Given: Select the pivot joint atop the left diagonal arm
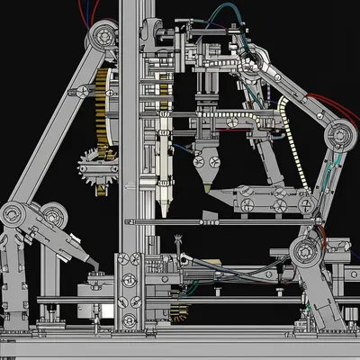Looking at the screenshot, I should [x=101, y=37].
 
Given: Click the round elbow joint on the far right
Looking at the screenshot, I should [x=341, y=136].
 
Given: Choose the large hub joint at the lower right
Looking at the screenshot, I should [x=307, y=252].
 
